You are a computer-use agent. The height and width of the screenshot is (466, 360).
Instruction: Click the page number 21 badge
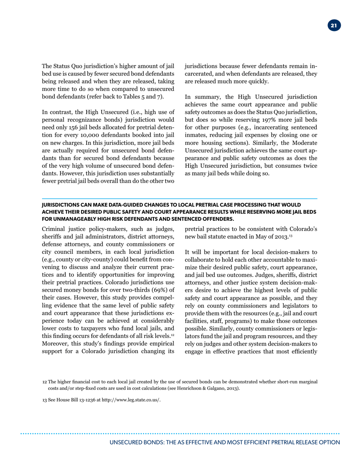pyautogui.click(x=333, y=26)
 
